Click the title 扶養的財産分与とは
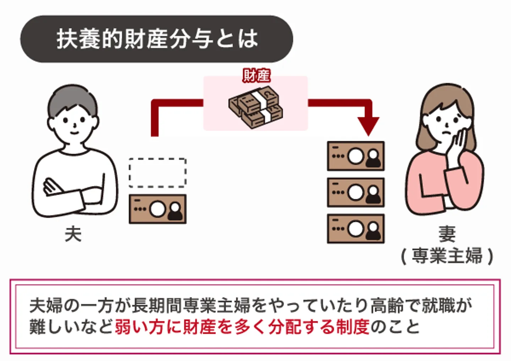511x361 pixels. (157, 39)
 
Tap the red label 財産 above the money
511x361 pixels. (257, 76)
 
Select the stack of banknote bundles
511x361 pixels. (255, 107)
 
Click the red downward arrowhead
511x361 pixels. (368, 126)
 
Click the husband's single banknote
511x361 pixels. (158, 209)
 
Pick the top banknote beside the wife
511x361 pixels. (356, 156)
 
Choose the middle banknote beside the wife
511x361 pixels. (356, 192)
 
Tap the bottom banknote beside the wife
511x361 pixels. (356, 229)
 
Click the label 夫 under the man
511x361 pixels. (73, 234)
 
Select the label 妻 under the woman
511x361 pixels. (447, 234)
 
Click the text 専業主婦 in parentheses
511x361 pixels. (447, 256)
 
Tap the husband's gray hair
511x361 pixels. (72, 101)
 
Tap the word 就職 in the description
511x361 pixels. (438, 306)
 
